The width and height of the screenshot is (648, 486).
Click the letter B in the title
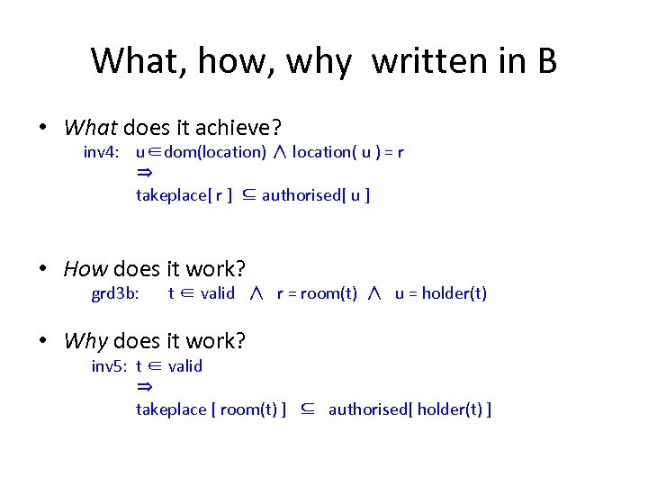point(545,61)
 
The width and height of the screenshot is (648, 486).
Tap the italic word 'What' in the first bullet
point(91,128)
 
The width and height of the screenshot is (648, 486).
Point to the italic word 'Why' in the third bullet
point(85,341)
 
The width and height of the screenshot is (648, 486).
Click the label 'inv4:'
point(102,152)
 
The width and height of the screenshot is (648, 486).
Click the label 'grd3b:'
point(115,292)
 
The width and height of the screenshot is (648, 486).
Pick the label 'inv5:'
point(109,365)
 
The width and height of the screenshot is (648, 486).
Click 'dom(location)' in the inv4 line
point(216,152)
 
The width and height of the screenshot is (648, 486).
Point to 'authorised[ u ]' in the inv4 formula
point(316,194)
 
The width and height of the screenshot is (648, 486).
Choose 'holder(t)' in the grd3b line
point(454,292)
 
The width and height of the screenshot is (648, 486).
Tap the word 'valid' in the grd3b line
point(218,292)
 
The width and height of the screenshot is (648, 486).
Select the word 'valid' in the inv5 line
point(185,365)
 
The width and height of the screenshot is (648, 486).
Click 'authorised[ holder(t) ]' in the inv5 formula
point(409,409)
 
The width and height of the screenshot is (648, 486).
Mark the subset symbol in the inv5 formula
point(308,409)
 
